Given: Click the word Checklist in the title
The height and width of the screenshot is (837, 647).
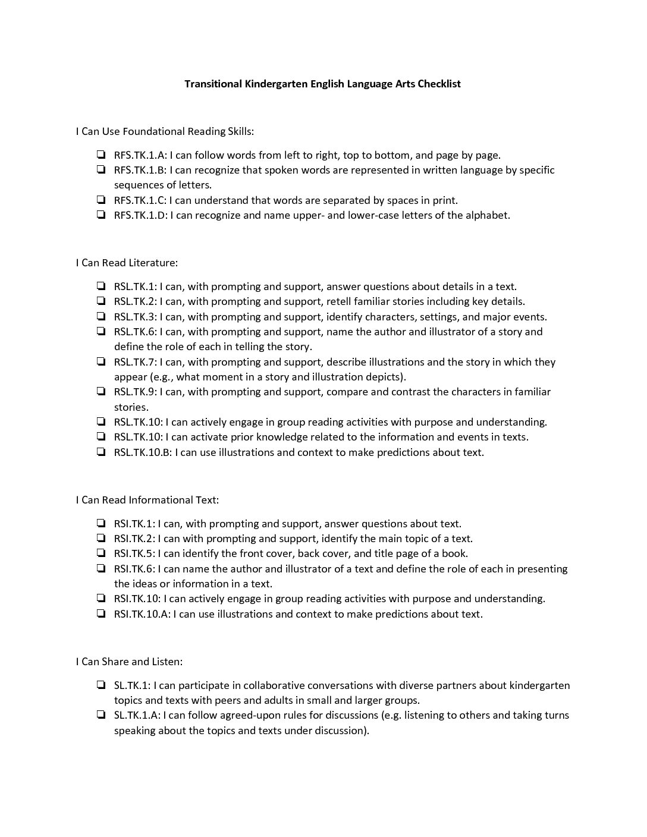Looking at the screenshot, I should [439, 84].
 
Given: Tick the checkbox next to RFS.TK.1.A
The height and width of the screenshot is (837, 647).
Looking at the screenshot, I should [100, 155].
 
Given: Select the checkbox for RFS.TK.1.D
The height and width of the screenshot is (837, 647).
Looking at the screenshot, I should [100, 215].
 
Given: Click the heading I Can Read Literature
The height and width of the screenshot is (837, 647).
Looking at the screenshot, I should [127, 262].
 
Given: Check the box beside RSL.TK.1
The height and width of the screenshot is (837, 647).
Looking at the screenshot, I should [100, 286].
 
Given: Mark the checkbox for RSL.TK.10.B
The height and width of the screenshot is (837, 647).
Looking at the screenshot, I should [100, 452].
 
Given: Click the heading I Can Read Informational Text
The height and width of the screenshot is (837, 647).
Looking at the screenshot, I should [147, 500].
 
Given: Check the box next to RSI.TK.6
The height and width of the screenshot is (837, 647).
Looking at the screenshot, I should [100, 568].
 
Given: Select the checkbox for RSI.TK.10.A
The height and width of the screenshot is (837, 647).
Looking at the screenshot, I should [100, 613].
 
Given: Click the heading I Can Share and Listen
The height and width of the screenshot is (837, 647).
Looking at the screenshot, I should [129, 661].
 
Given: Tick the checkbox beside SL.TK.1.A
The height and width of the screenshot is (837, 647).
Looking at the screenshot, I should [100, 715].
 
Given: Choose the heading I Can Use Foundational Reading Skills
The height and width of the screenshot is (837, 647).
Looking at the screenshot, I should [165, 131].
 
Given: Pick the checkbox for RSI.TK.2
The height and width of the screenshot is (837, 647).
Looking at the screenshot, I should [100, 539].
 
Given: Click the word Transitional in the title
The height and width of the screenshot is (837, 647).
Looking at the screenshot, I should [213, 84].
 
